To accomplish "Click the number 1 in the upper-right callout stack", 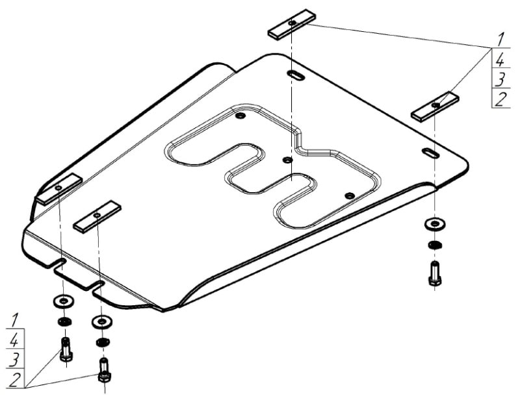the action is click(500, 39).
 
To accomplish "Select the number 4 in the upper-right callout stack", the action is click(500, 60).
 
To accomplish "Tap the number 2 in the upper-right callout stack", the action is click(500, 99).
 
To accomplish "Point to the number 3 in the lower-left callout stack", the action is click(14, 360).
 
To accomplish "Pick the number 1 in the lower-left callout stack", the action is click(14, 320).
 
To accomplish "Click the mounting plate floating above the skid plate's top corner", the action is click(292, 25).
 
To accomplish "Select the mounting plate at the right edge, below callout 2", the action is click(435, 107).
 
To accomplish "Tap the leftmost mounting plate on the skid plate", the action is click(59, 189).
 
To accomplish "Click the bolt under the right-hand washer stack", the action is click(435, 273).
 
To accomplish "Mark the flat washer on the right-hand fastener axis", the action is click(435, 224).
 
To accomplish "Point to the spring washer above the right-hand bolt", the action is click(435, 245).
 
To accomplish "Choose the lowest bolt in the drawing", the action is click(104, 371).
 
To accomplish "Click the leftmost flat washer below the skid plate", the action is click(63, 301).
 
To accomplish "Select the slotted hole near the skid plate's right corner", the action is click(431, 153).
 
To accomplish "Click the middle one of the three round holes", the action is click(287, 160).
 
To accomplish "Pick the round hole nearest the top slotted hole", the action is click(240, 116).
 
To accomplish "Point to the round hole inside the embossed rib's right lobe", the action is click(350, 195).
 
